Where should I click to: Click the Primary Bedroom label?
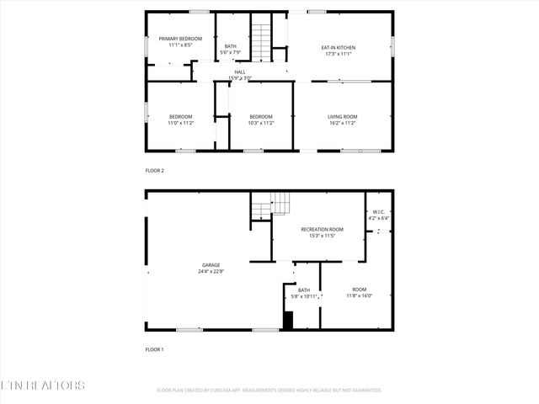coord(181,39)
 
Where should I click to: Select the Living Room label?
coord(342,116)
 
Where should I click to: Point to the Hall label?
coord(240,72)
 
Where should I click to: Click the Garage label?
coord(211,265)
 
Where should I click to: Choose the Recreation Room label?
coord(323,229)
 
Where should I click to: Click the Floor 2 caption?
coord(155,171)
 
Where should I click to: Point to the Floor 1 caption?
coord(155,348)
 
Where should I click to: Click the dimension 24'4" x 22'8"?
coord(211,272)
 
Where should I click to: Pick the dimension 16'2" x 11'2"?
coord(342,123)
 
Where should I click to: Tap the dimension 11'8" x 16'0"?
coord(360,296)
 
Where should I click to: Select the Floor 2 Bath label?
coord(230,46)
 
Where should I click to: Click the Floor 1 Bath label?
coord(303,290)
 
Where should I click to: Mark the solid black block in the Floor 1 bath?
coord(288,320)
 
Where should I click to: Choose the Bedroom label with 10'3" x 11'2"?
coord(261,116)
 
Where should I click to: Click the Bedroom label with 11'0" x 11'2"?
coord(181,116)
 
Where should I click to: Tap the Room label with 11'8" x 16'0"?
coord(360,290)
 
